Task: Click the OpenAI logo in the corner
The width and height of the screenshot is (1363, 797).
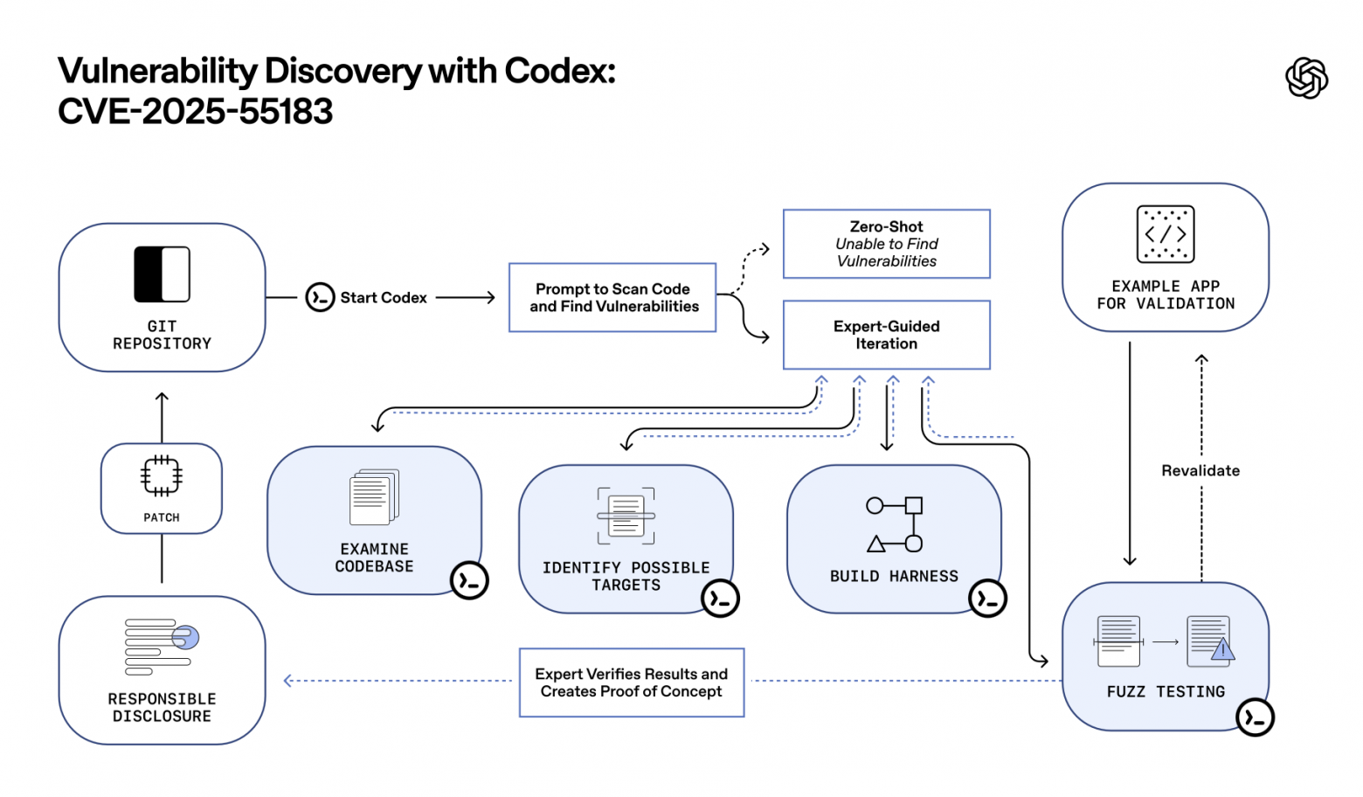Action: pos(1306,79)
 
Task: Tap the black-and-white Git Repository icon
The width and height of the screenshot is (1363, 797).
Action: pos(162,274)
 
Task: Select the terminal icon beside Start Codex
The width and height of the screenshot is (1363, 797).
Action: pos(320,298)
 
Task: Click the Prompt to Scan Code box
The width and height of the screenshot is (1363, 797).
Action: pos(612,298)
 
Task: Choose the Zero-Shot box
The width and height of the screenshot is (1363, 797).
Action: pos(886,244)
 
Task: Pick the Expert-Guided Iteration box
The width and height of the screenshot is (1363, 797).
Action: pos(886,335)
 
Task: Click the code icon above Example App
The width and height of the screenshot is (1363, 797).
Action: pos(1165,234)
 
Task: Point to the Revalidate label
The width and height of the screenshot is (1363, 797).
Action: pos(1200,471)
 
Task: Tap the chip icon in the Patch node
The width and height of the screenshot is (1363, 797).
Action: pos(162,476)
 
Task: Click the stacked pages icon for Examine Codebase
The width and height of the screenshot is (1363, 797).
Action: pos(374,497)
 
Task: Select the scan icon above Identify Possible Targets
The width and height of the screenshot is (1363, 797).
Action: pos(626,516)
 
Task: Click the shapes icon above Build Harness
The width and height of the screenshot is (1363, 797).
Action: pos(894,524)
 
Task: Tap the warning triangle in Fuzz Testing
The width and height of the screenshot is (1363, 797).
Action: pos(1222,649)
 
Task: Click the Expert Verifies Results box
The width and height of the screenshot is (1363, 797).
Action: pos(631,683)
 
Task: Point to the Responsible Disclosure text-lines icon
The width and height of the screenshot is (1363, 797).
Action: pos(162,647)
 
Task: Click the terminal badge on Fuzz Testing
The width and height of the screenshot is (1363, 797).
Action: pos(1255,717)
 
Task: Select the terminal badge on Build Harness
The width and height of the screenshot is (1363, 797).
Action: pos(987,599)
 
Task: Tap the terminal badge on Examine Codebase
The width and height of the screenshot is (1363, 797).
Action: pos(469,580)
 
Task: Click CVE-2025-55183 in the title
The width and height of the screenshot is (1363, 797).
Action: pos(196,112)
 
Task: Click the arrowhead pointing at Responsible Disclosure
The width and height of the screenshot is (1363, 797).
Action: pos(287,681)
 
